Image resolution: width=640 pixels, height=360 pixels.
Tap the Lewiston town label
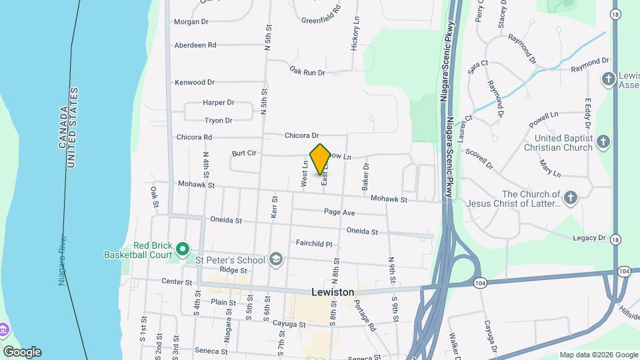tap(333, 292)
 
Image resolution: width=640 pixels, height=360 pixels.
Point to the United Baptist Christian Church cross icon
tap(603, 142)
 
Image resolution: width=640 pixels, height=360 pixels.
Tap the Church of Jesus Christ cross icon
tap(571, 197)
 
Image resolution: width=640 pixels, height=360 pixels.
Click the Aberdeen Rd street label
tap(195, 45)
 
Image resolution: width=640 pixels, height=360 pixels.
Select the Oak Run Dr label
tap(307, 71)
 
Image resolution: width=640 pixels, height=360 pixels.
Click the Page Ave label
tap(339, 212)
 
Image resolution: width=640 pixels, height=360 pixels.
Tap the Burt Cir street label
tap(244, 153)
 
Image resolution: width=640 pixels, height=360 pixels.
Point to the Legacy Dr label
tap(589, 237)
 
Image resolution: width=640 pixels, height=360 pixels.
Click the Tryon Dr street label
tap(218, 121)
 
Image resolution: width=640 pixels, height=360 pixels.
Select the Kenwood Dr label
tap(195, 82)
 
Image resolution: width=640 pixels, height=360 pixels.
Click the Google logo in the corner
tap(21, 351)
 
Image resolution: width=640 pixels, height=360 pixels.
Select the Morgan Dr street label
tap(191, 22)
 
